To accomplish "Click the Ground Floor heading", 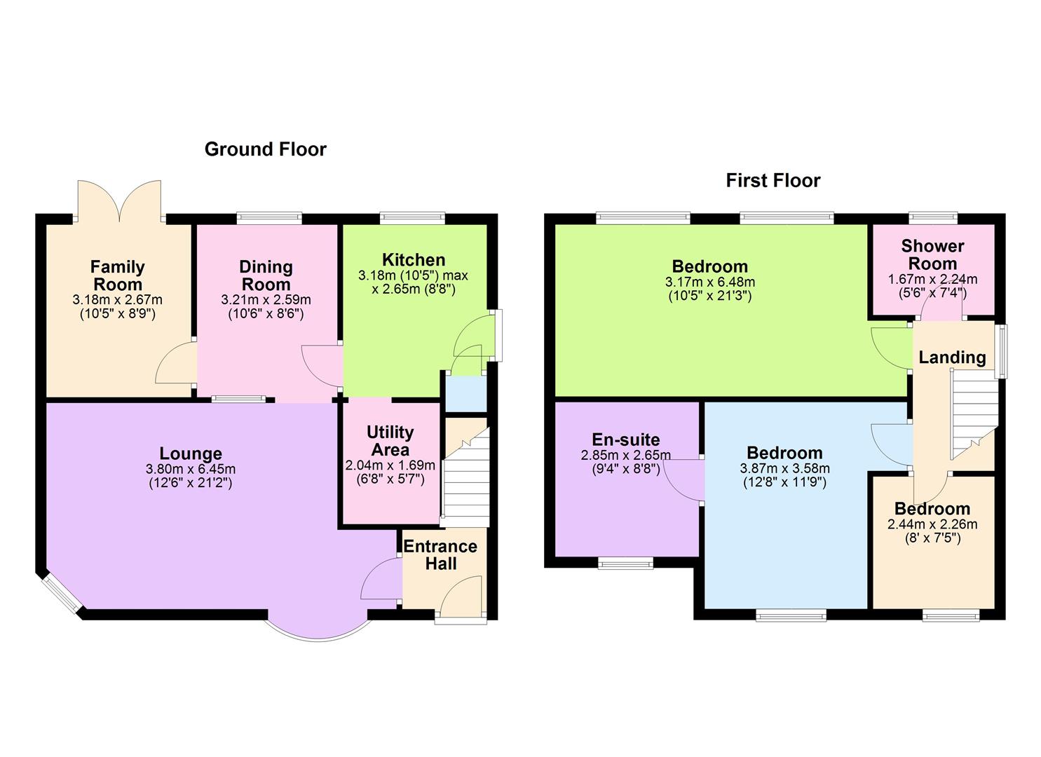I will (265, 149).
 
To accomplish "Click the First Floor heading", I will (773, 181).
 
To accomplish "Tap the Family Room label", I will (118, 275).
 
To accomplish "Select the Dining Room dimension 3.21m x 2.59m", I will (266, 299).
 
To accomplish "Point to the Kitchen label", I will (414, 260).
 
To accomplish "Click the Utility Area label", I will (390, 441).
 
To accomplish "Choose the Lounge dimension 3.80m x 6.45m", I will (191, 469).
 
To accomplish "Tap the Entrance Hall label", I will (440, 555).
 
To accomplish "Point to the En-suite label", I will (626, 439).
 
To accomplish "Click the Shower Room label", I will (932, 254).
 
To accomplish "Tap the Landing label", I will (952, 357).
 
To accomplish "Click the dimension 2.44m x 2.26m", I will (932, 524).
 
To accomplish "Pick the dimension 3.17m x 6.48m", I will (710, 282).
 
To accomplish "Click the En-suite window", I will (625, 562).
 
